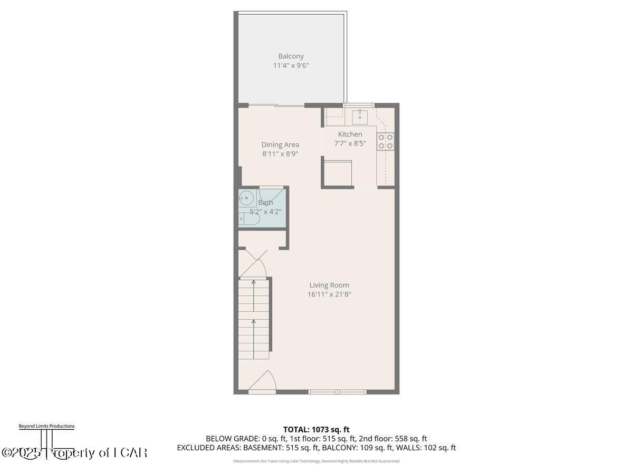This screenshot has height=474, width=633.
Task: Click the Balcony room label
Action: coord(291,56)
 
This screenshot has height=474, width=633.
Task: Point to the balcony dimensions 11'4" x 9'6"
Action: coord(291,66)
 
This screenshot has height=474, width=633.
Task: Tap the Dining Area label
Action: coord(280,145)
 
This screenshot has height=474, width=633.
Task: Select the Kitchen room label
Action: coord(350,134)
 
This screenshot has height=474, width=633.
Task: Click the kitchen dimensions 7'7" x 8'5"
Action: coord(350,143)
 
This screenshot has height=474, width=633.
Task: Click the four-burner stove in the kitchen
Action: coord(385,141)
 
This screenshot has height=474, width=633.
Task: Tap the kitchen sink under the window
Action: coord(360,115)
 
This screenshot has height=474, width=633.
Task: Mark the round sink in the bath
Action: coord(246,199)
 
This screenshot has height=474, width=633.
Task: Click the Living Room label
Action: coord(329,285)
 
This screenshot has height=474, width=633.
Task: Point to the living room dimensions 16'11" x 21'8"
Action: coord(330,295)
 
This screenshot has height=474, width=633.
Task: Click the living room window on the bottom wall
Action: coord(337,391)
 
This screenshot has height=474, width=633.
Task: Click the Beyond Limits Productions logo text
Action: coord(46,426)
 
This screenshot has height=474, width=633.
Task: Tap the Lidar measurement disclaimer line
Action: coord(316,461)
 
